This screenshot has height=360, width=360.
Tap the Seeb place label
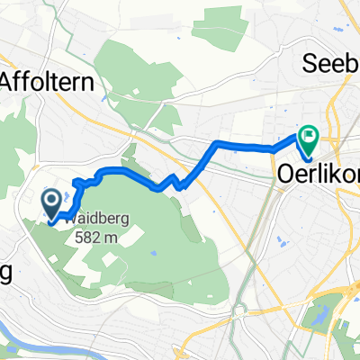pyautogui.click(x=332, y=65)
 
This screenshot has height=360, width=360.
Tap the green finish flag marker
pyautogui.click(x=309, y=138)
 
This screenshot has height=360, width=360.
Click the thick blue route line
pyautogui.click(x=243, y=144)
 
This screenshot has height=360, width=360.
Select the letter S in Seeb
pyautogui.click(x=311, y=65)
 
